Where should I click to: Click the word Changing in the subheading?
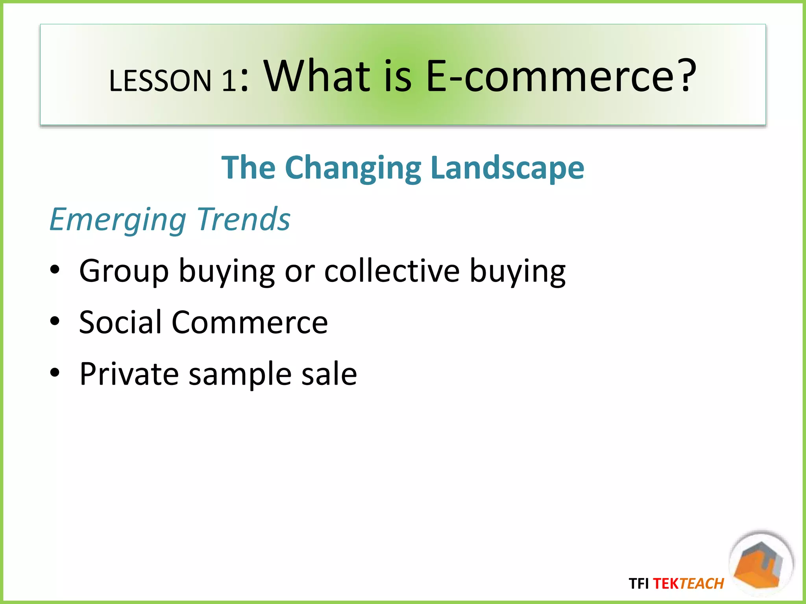pyautogui.click(x=353, y=168)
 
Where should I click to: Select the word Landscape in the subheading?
pyautogui.click(x=507, y=168)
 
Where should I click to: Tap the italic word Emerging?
pyautogui.click(x=118, y=220)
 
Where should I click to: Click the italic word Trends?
pyautogui.click(x=244, y=219)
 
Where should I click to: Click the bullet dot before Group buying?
pyautogui.click(x=55, y=270)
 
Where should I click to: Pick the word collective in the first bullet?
pyautogui.click(x=392, y=271)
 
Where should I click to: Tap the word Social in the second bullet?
pyautogui.click(x=120, y=322)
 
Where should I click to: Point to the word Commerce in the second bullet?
pyautogui.click(x=250, y=322)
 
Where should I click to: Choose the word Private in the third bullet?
pyautogui.click(x=129, y=373)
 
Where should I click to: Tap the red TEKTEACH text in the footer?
pyautogui.click(x=688, y=584)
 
